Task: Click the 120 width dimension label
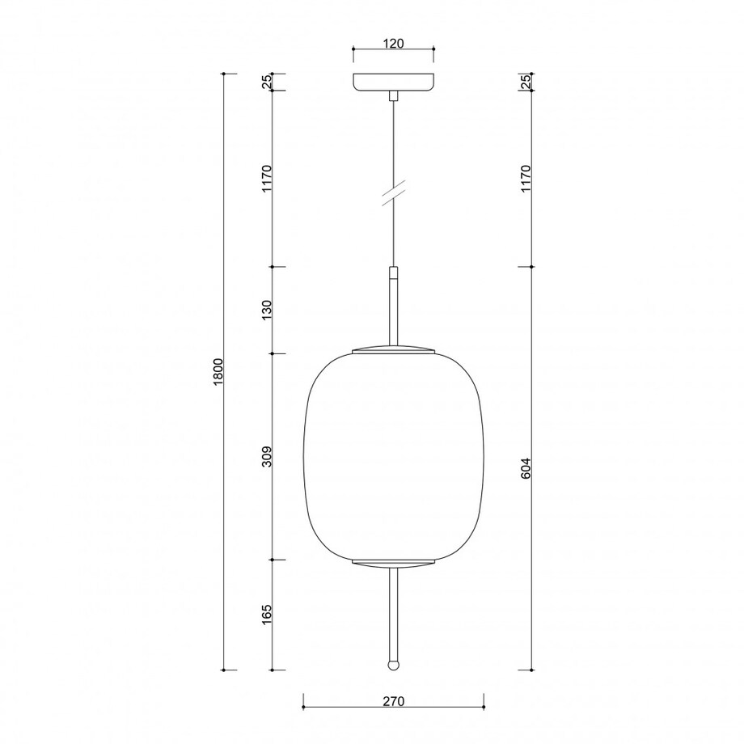point(393,44)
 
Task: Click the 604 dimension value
point(525,468)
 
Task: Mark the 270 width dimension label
point(392,702)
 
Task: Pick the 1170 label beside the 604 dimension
point(525,177)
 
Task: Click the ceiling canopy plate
point(393,82)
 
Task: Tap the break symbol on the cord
point(393,195)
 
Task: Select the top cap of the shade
point(393,349)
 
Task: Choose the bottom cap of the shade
point(393,563)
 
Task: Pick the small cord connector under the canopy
point(393,95)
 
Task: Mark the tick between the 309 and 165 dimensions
point(273,559)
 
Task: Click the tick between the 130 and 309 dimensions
point(273,353)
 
